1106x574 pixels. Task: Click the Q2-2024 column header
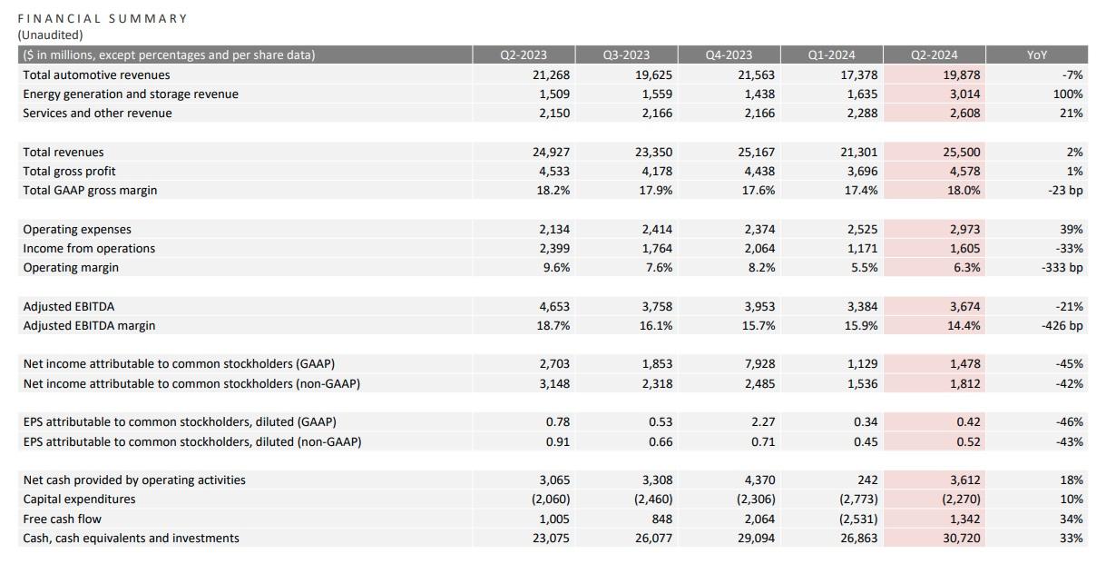934,55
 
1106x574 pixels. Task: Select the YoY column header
1036,55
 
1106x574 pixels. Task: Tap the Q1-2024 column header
831,55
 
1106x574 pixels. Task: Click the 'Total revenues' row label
64,153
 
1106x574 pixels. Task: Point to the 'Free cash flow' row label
62,520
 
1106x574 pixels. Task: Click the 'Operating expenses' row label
77,230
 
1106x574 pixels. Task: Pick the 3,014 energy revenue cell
962,94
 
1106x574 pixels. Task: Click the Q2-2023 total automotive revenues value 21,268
551,75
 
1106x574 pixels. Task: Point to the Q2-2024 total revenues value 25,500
961,153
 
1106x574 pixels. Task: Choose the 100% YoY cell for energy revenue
1069,94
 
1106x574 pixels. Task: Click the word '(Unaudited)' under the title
50,35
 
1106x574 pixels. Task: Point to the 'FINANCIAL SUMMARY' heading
103,18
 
